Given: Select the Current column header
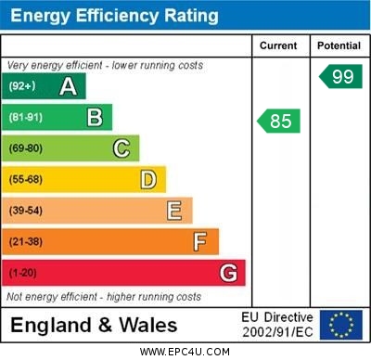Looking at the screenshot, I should [278, 45].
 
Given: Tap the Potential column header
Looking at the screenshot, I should [339, 45].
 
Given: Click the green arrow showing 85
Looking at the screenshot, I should [279, 121].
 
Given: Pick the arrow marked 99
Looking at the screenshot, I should [340, 76].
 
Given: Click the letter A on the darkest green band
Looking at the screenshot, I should [68, 86].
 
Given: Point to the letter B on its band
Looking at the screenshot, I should [95, 117].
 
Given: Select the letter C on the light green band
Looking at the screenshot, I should [122, 148].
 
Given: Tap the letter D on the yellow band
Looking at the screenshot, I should [148, 179].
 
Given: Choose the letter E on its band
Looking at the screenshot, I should [174, 211].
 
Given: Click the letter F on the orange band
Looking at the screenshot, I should [200, 242].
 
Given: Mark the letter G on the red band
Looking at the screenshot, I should [228, 273].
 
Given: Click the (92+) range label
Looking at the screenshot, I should [22, 86].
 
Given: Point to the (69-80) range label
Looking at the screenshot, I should [26, 148].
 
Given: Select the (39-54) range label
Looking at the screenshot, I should [26, 211].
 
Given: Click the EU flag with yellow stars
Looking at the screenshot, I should [341, 325].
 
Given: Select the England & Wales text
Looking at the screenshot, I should [94, 326].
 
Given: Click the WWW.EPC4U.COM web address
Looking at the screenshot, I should [185, 353].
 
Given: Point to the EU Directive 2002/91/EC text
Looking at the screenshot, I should [278, 325].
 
